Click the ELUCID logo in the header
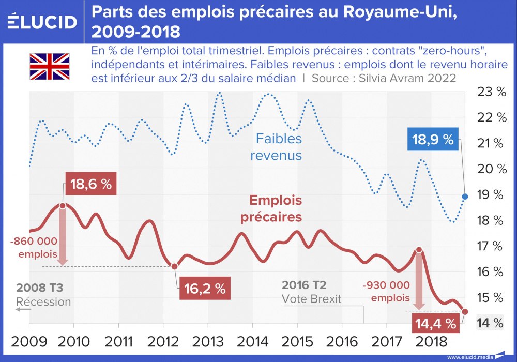(x=42, y=22)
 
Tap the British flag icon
(x=49, y=66)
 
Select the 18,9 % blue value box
(x=433, y=139)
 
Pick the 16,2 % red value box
(x=204, y=289)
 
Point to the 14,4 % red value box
(x=435, y=324)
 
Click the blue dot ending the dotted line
(x=465, y=197)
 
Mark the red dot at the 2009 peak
(x=63, y=206)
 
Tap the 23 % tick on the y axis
(x=492, y=92)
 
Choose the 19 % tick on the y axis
(x=492, y=195)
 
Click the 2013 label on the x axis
(x=207, y=342)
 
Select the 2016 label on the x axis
(x=342, y=342)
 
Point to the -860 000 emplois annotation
(x=36, y=247)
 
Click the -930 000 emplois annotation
(x=387, y=291)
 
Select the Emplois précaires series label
(x=271, y=208)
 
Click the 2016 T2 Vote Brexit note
(x=311, y=292)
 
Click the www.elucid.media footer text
(x=469, y=357)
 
